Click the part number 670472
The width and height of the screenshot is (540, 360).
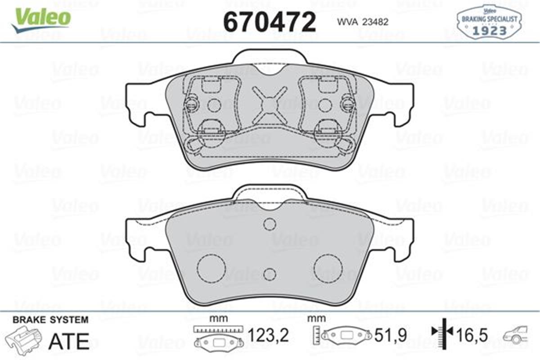click(x=270, y=21)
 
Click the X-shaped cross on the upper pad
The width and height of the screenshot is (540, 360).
click(x=269, y=105)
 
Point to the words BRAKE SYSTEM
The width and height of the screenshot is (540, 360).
click(x=50, y=320)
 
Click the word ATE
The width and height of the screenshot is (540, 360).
click(x=69, y=342)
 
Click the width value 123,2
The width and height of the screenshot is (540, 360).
click(x=268, y=335)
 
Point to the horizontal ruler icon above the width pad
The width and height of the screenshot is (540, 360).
click(x=218, y=329)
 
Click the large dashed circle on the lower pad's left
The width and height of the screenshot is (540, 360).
click(x=211, y=269)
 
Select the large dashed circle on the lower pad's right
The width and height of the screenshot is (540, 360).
click(x=328, y=269)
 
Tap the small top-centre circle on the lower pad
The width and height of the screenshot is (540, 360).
click(x=269, y=224)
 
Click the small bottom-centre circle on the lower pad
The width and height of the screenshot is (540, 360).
click(x=269, y=274)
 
